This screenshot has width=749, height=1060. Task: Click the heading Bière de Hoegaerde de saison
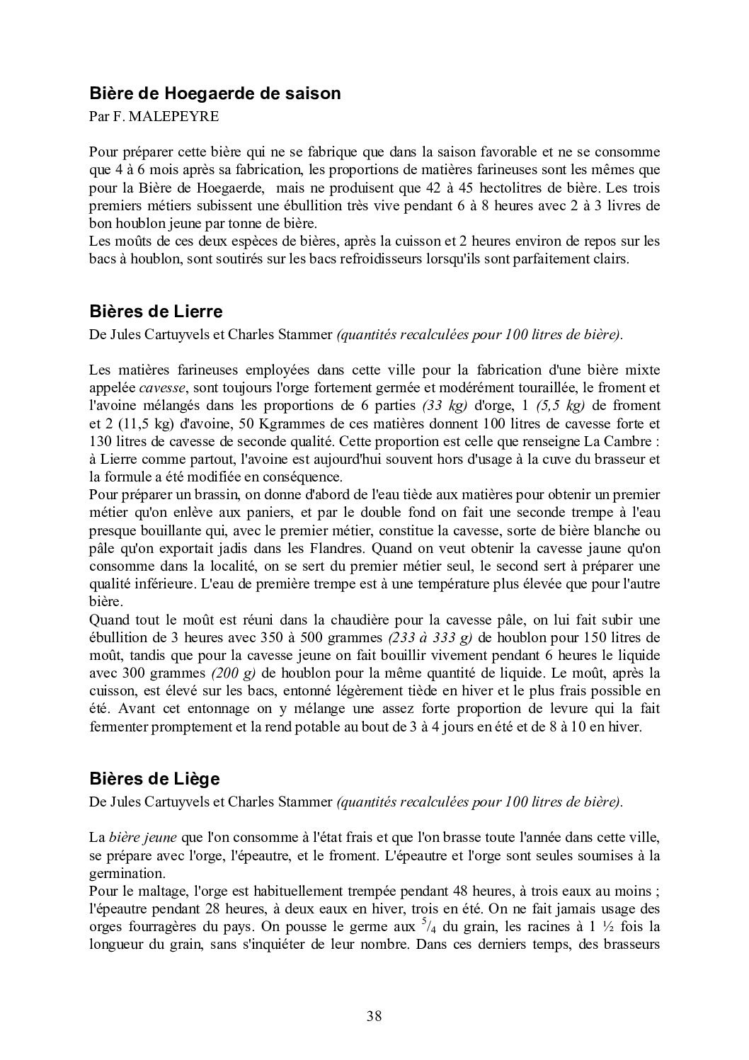[215, 93]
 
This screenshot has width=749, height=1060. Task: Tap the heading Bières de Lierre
[156, 312]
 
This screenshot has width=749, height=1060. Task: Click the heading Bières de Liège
[154, 779]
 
